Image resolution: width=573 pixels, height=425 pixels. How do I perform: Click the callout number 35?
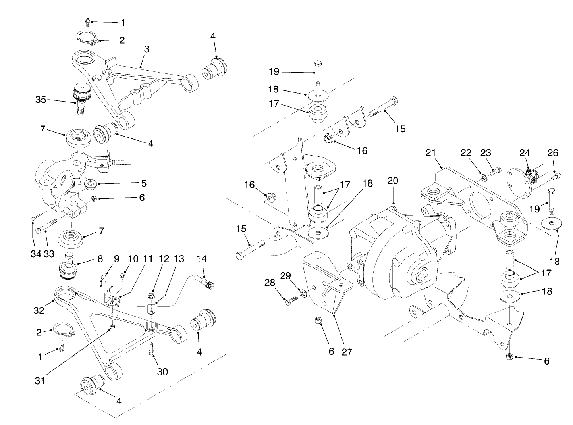click(41, 100)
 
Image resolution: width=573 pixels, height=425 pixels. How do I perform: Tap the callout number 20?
click(393, 181)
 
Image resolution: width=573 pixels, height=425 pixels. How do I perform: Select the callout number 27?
click(347, 352)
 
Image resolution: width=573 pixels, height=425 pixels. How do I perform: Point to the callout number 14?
click(202, 259)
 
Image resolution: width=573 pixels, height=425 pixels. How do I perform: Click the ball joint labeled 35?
click(82, 97)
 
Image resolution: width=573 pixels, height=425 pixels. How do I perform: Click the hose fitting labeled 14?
click(208, 284)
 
